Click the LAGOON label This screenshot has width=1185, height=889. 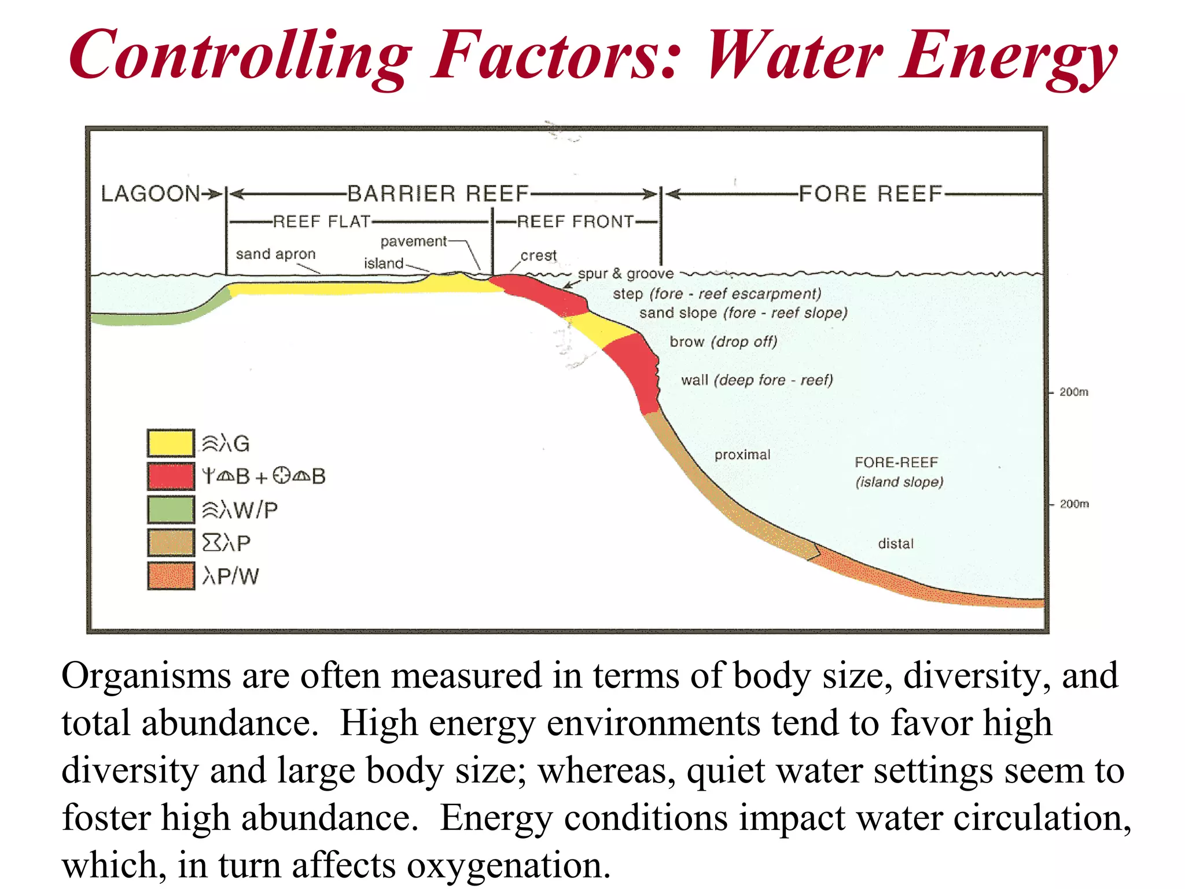click(150, 194)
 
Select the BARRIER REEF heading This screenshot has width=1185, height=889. click(438, 194)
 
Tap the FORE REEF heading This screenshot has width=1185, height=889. click(870, 194)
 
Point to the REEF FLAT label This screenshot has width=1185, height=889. click(321, 222)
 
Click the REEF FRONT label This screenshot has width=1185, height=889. click(575, 222)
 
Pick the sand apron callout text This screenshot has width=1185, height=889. click(275, 254)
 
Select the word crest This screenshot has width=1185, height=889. click(538, 255)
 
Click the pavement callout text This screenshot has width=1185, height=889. click(413, 241)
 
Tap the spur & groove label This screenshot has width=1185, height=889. click(625, 274)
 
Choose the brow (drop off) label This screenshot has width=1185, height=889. click(723, 341)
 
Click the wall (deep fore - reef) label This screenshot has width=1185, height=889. click(757, 380)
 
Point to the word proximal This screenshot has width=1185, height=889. click(742, 455)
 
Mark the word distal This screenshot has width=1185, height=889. click(896, 543)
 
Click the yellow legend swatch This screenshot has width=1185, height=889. click(170, 443)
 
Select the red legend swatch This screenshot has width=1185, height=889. click(170, 476)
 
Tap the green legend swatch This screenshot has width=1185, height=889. click(170, 509)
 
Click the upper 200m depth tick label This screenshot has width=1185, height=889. click(1073, 392)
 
